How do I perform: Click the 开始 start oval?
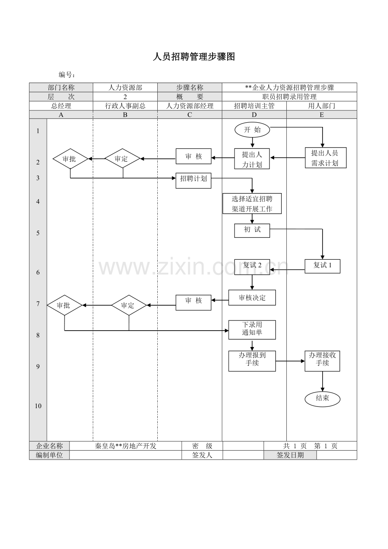tap(252, 129)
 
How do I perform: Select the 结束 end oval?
tap(322, 399)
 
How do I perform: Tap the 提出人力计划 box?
tap(252, 159)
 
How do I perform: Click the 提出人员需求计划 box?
tap(326, 158)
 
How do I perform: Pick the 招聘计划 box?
tap(194, 180)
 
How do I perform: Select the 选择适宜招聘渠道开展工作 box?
tap(252, 203)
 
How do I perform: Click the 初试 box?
tap(252, 231)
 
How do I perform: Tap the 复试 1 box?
tap(322, 266)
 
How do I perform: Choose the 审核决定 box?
tap(252, 298)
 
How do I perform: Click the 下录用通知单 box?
tap(252, 330)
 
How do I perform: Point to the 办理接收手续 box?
tap(322, 361)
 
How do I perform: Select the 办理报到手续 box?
tap(252, 361)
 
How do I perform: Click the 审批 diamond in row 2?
tap(70, 159)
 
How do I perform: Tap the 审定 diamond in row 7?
tap(129, 305)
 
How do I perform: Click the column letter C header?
tap(190, 115)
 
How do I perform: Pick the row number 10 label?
tap(38, 406)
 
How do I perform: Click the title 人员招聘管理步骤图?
tap(194, 57)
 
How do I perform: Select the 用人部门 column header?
tap(322, 106)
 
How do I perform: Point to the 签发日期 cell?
tap(290, 455)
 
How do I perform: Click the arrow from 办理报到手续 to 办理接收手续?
tap(290, 361)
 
